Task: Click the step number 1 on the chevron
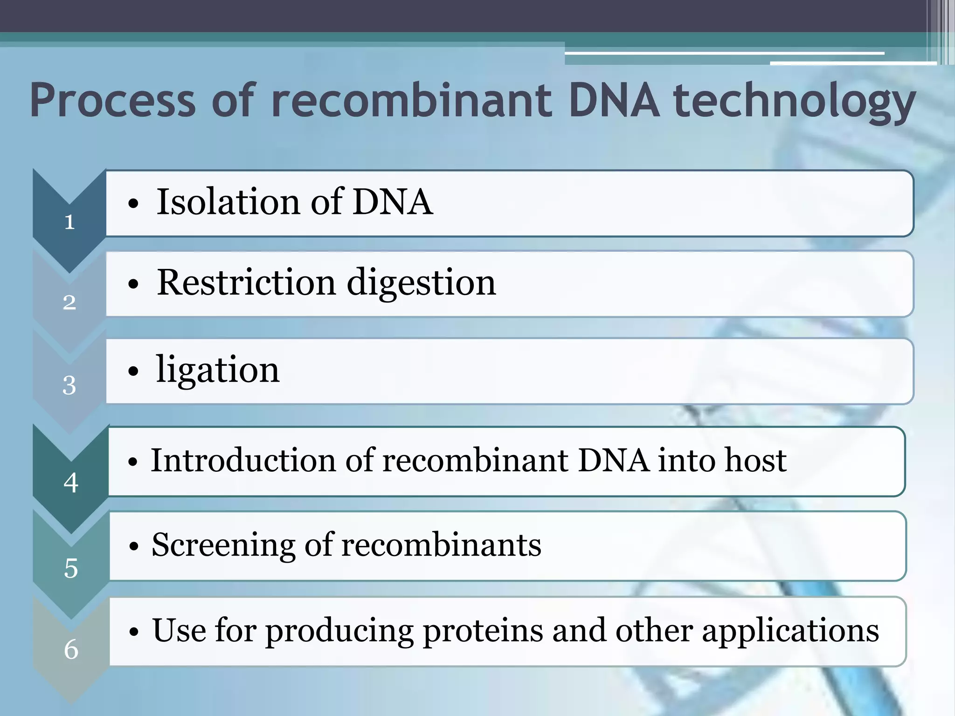pos(69,222)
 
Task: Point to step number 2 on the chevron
pos(69,303)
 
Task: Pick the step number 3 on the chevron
pos(69,386)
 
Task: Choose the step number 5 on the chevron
pos(71,568)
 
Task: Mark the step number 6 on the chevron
pos(71,649)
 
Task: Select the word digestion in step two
pos(421,283)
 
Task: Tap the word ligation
pos(217,370)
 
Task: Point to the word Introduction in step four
pos(243,460)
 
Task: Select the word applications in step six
pos(790,631)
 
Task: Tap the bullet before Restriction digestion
pos(133,284)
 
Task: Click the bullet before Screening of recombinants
pos(134,546)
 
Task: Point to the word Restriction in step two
pos(246,283)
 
